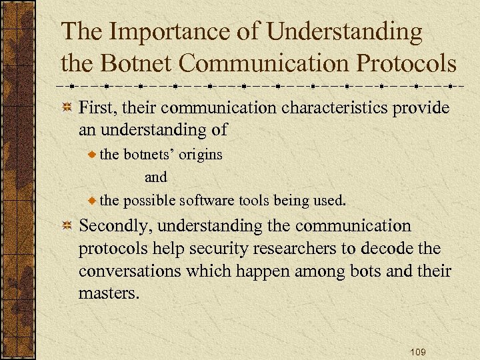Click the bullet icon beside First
(67, 109)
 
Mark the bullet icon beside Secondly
(67, 227)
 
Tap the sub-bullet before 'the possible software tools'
(92, 200)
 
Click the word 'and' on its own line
(156, 177)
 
